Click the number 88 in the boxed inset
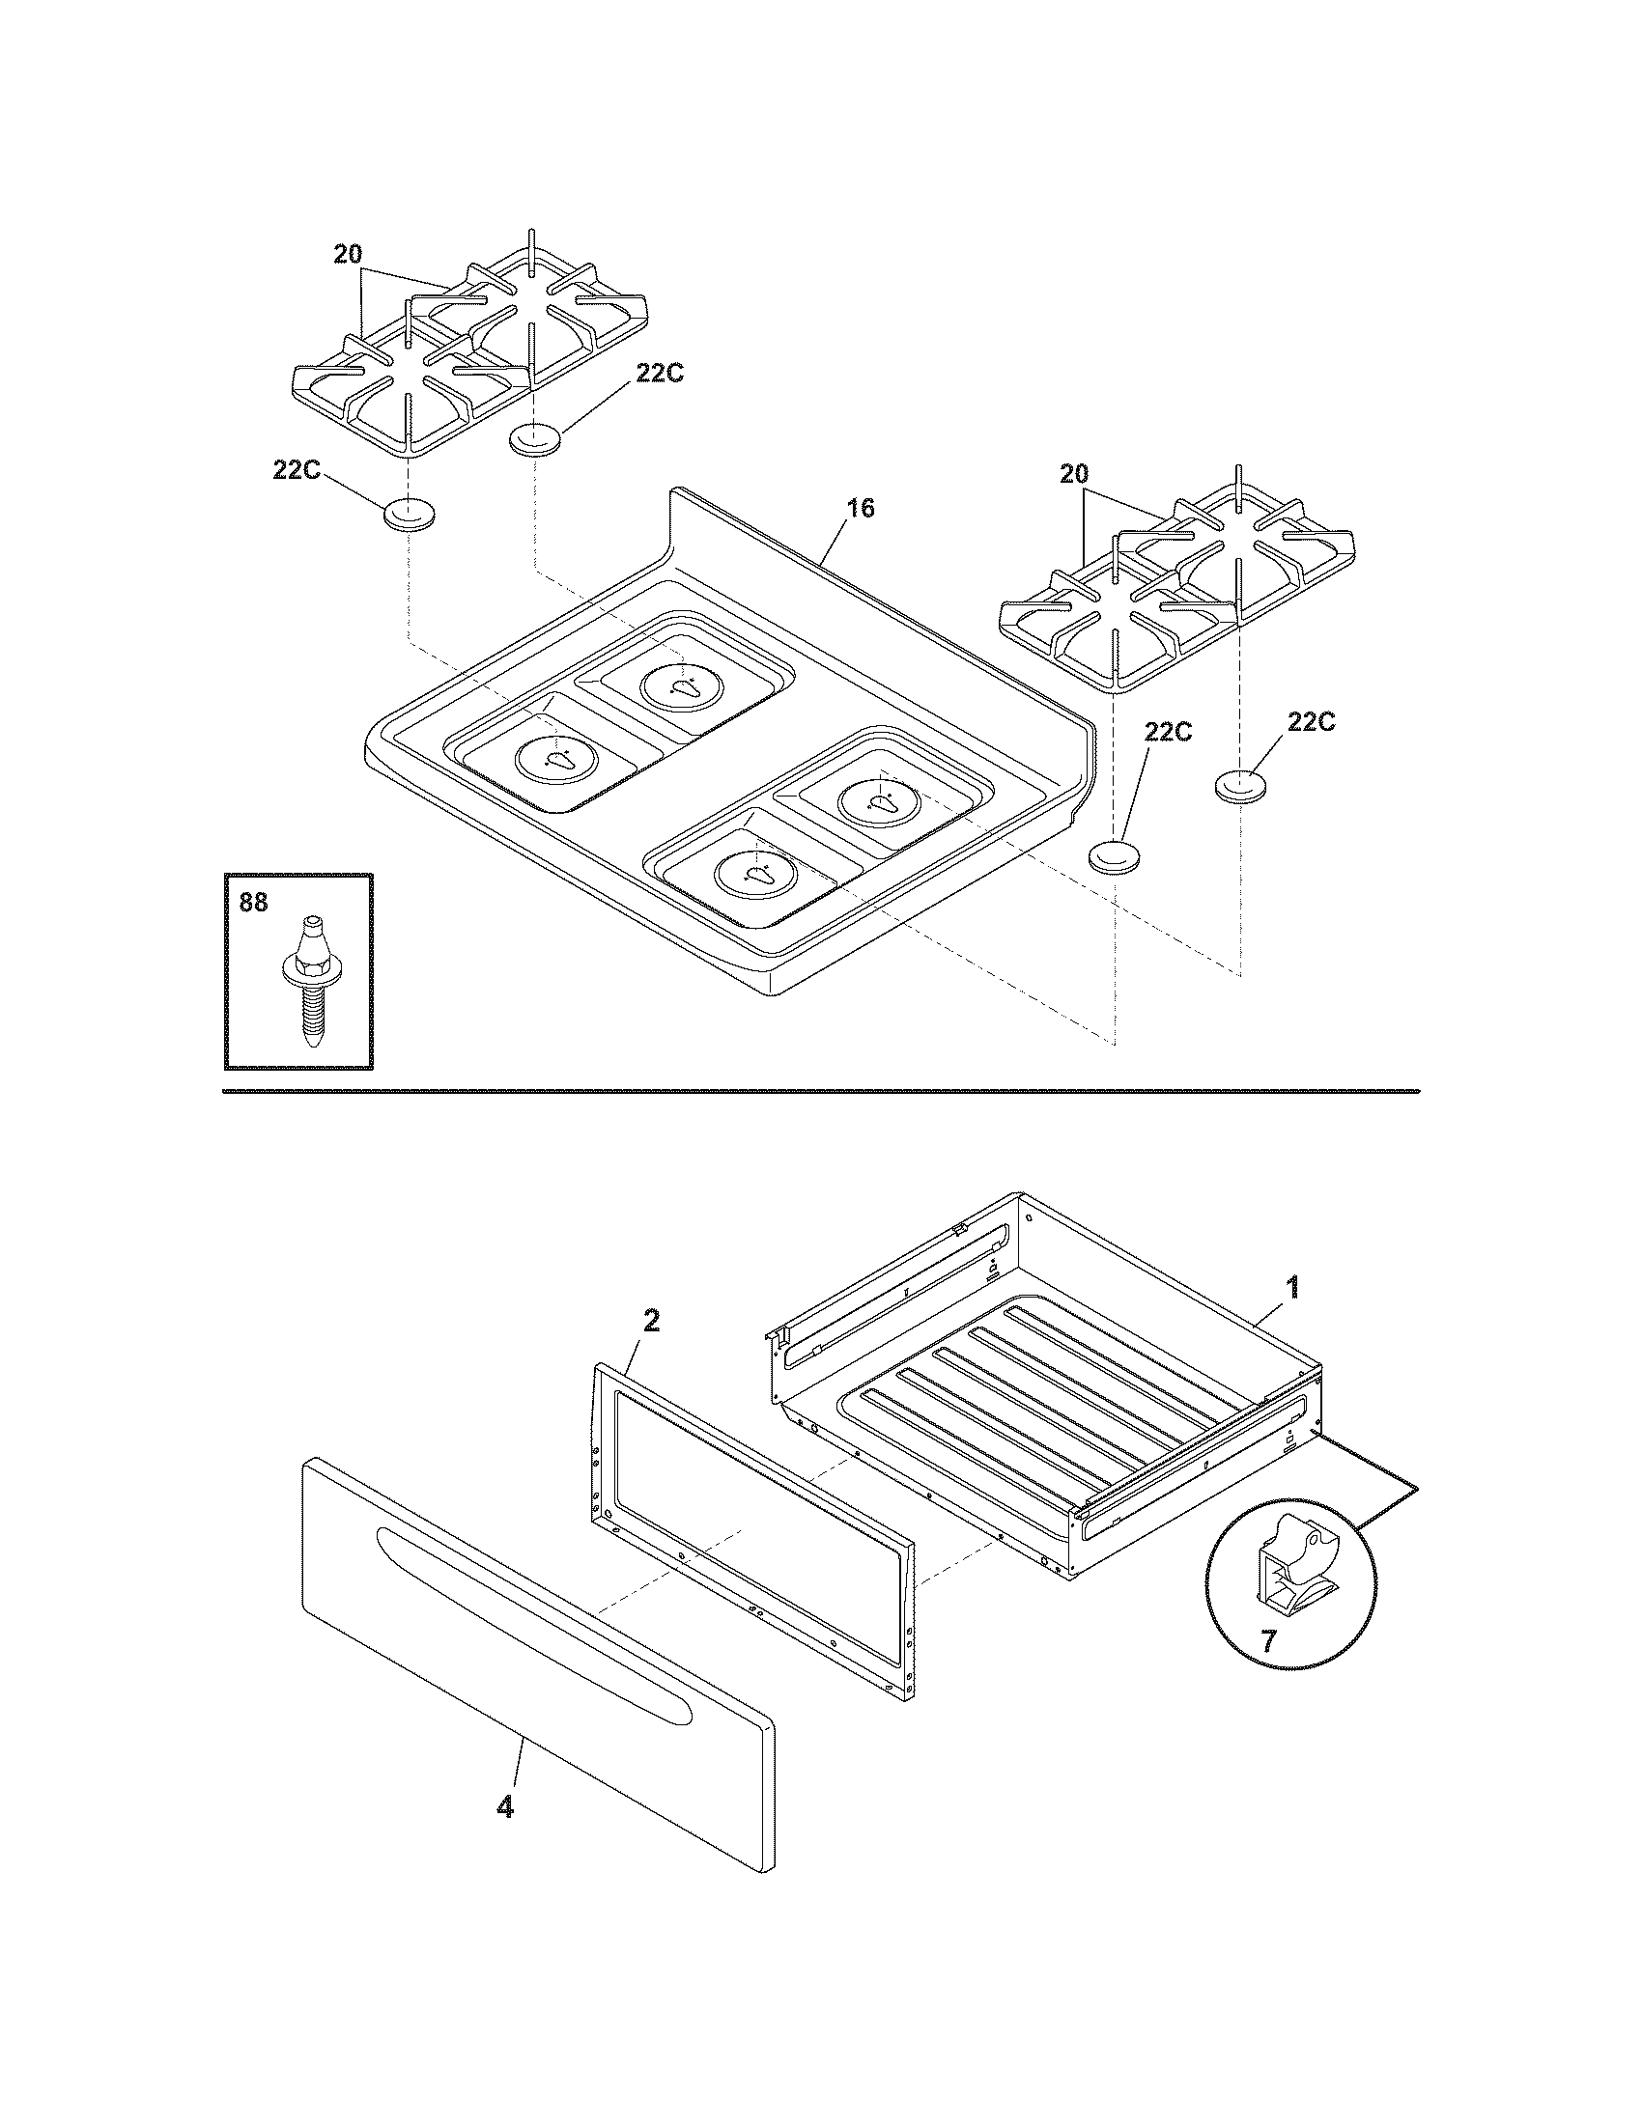252,903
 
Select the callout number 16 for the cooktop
860,508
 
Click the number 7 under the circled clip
1267,1641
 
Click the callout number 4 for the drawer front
504,1808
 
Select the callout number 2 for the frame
651,1320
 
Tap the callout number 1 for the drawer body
1291,1289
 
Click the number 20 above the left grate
349,255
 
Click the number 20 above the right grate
1073,475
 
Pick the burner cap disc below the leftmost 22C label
410,515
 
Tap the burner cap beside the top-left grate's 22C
536,438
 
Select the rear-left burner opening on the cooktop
683,686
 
